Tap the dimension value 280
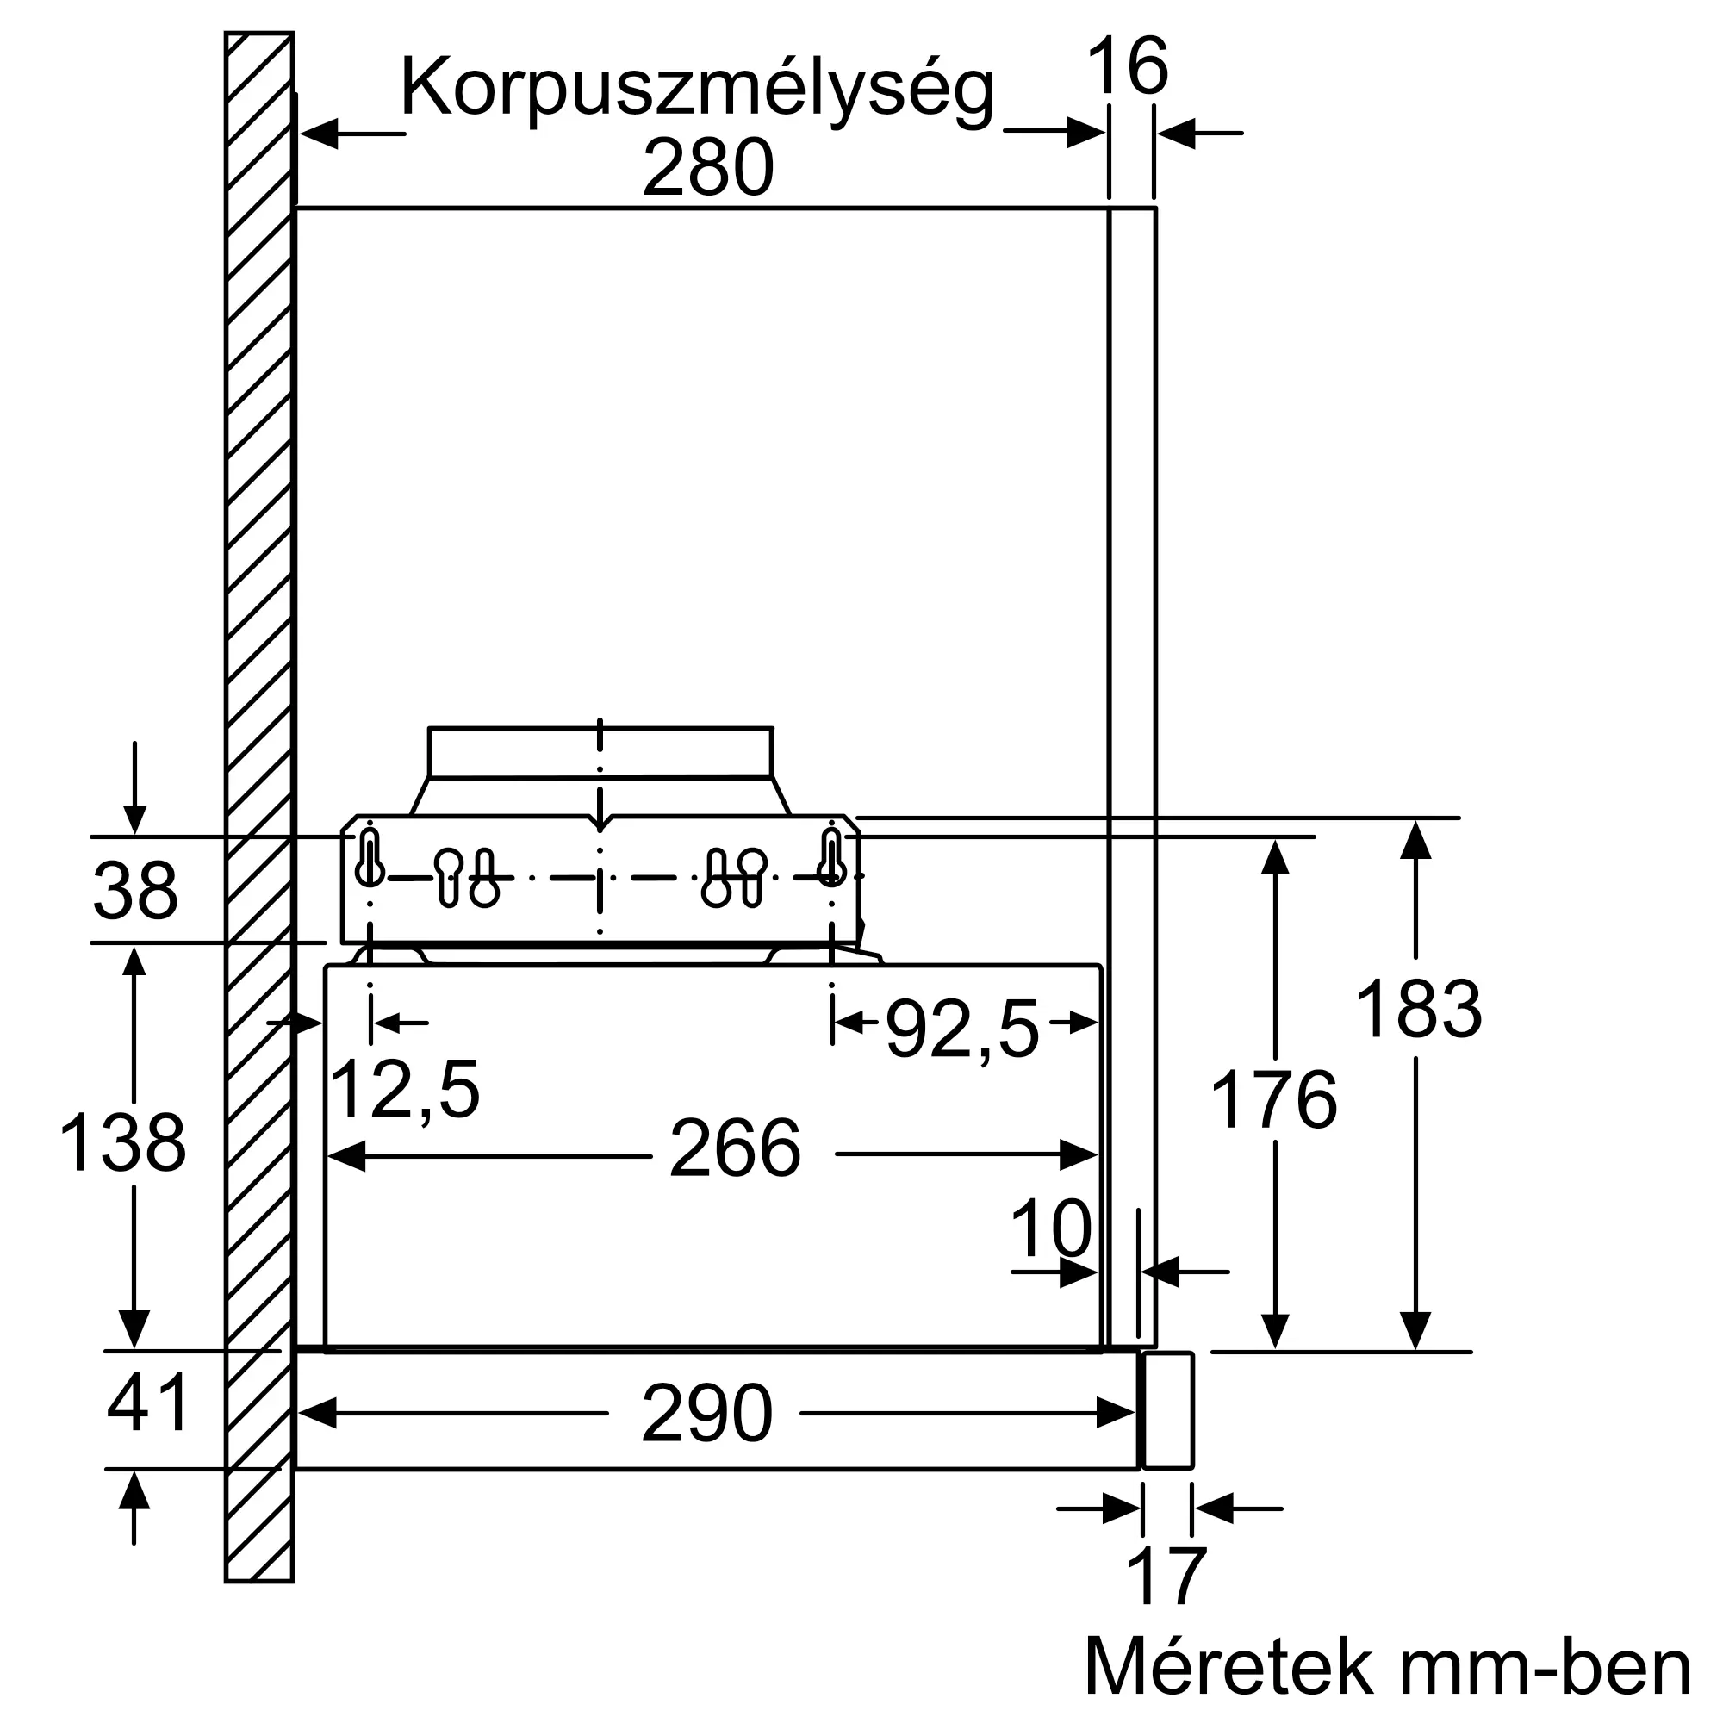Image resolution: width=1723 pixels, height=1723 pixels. (708, 168)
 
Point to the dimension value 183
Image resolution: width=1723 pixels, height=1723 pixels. (1418, 1009)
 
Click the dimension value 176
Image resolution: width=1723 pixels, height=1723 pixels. (1273, 1099)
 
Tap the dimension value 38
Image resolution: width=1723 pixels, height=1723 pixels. (135, 891)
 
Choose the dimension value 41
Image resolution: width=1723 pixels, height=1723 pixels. (147, 1403)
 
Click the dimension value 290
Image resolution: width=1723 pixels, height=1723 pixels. (706, 1414)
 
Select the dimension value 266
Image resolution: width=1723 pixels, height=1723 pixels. (735, 1148)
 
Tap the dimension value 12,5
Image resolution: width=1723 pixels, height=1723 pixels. (405, 1088)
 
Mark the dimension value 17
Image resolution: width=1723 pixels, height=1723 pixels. (1166, 1577)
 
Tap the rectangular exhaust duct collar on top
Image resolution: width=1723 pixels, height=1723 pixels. (600, 753)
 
